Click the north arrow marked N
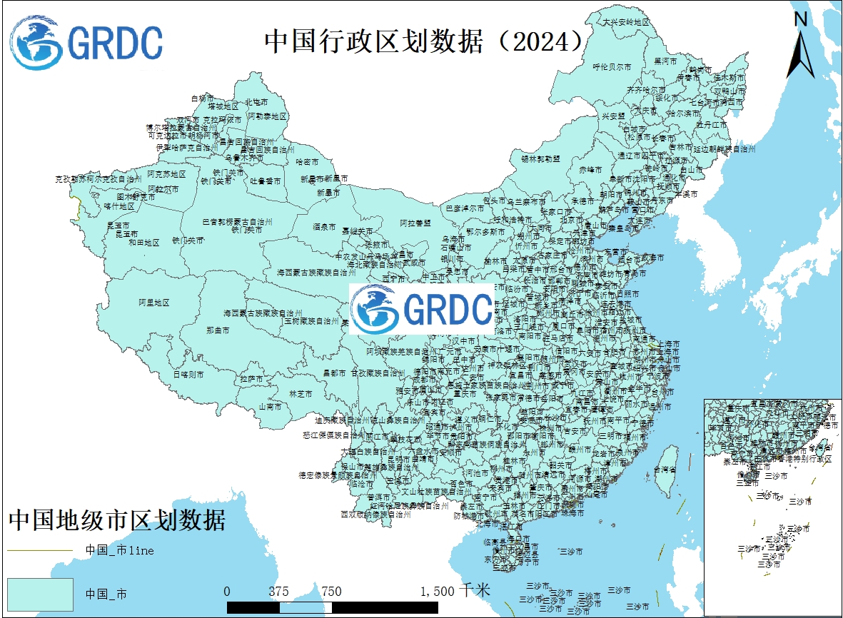801,46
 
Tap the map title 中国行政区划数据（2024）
425,41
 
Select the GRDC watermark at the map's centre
422,309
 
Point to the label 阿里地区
154,303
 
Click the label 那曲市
218,330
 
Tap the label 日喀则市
188,374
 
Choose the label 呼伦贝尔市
612,66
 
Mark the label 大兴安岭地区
626,22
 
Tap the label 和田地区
144,243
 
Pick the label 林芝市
301,393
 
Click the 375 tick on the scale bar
279,592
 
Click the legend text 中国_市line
120,550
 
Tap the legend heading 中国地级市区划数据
117,520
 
